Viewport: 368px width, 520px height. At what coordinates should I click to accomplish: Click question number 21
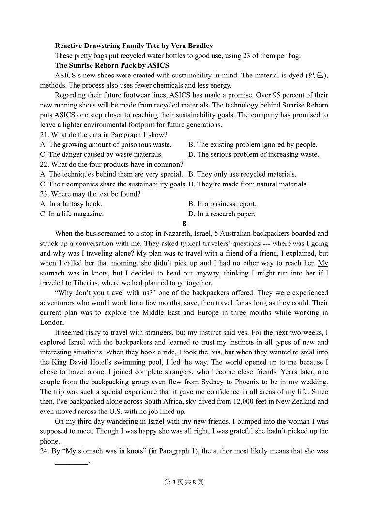pyautogui.click(x=44, y=135)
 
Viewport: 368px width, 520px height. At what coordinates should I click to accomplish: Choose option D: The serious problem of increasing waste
pyautogui.click(x=253, y=154)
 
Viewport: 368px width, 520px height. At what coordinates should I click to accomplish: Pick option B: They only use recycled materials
pyautogui.click(x=242, y=174)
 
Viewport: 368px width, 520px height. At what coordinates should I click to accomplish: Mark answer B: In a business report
pyautogui.click(x=222, y=204)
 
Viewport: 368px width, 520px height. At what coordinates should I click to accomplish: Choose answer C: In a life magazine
pyautogui.click(x=72, y=214)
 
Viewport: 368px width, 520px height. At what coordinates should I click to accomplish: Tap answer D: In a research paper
pyautogui.click(x=221, y=214)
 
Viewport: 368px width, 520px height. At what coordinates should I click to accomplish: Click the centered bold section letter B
pyautogui.click(x=184, y=223)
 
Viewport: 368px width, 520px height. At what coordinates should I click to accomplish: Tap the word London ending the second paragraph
pyautogui.click(x=51, y=322)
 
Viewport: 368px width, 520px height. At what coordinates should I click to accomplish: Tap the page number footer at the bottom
pyautogui.click(x=184, y=482)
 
